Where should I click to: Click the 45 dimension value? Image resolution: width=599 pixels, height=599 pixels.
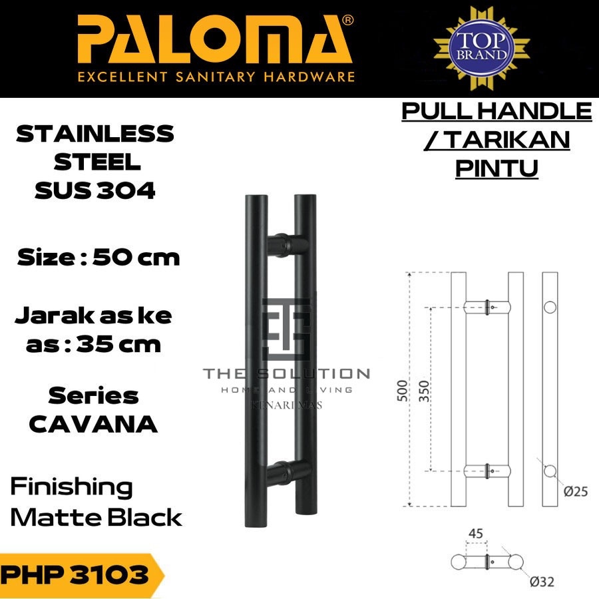click(x=475, y=533)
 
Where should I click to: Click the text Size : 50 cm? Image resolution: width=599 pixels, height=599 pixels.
click(x=99, y=257)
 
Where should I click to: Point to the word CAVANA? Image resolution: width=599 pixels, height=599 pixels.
click(x=94, y=424)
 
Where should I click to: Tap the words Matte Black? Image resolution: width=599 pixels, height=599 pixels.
click(x=97, y=517)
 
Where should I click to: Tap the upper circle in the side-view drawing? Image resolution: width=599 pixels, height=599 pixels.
click(x=550, y=307)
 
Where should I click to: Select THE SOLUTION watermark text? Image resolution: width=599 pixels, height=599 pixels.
click(x=287, y=373)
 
